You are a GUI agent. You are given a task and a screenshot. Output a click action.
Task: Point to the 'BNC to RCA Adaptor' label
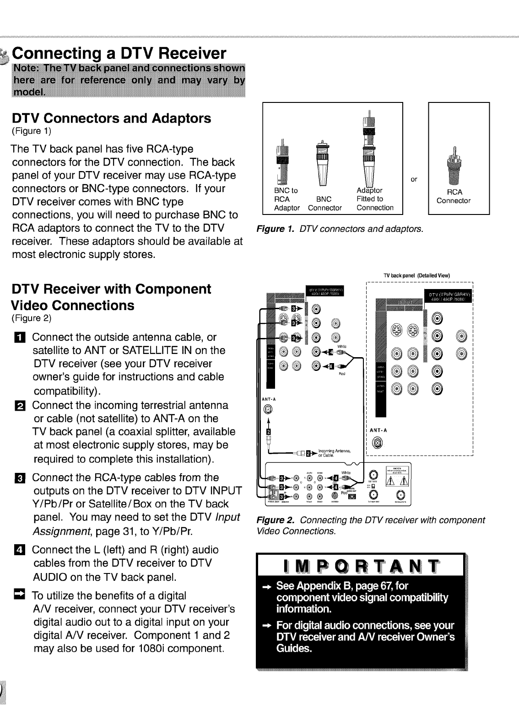click(287, 199)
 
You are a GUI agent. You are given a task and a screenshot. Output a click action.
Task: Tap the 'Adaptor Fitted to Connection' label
click(374, 199)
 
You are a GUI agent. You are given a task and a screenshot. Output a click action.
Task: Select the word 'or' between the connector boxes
click(414, 179)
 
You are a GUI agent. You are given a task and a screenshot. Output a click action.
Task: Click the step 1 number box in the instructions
click(23, 338)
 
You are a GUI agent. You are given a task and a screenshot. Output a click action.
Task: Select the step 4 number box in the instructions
click(23, 550)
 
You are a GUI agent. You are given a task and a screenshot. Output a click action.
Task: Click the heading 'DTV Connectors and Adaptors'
click(111, 118)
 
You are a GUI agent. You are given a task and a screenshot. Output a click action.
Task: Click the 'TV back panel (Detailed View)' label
click(417, 275)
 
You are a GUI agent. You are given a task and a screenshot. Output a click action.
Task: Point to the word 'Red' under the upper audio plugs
click(342, 374)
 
